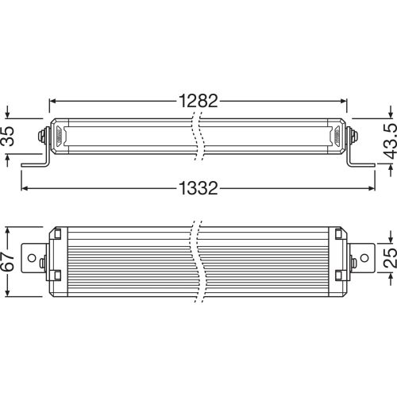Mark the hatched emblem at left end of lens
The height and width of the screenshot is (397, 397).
pyautogui.click(x=60, y=136)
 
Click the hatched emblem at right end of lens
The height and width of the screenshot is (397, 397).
pyautogui.click(x=335, y=136)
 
